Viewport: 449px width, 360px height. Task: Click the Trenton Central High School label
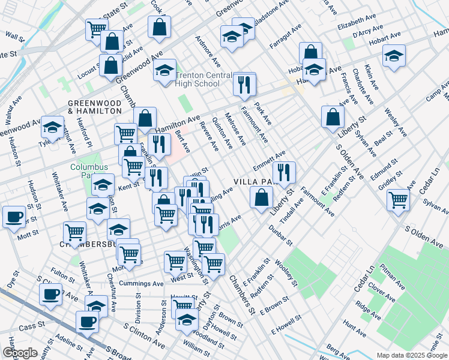[198, 80]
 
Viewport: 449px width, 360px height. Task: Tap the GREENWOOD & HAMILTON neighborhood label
[95, 107]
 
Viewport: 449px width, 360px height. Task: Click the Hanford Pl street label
[83, 133]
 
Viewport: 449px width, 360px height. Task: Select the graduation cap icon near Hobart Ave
[394, 56]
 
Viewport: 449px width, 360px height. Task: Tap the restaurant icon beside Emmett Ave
[284, 172]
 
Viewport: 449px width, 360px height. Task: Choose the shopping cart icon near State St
[96, 28]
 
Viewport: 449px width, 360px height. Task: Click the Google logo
[20, 353]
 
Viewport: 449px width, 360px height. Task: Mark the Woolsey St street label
[285, 272]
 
